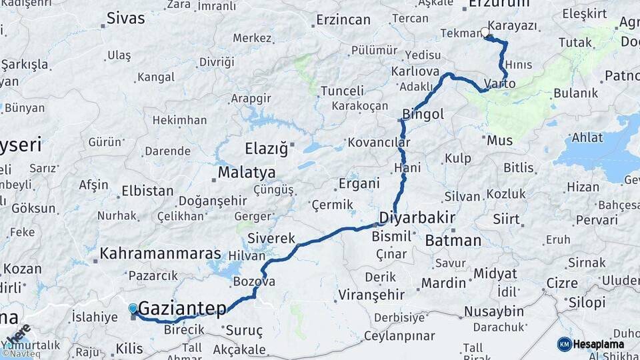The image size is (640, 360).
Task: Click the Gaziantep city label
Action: (182, 309)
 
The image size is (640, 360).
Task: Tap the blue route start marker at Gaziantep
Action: (133, 309)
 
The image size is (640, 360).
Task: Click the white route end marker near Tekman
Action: (485, 32)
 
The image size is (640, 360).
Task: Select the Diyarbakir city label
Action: (417, 218)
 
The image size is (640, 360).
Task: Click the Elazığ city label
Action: (266, 148)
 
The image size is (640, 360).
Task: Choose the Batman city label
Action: (453, 240)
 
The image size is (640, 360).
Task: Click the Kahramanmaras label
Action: (160, 254)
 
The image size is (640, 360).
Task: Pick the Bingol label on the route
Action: (423, 115)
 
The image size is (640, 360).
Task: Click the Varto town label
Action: (499, 84)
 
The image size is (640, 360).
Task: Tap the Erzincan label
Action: (343, 20)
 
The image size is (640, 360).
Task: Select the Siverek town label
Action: (271, 238)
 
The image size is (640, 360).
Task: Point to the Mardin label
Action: (443, 283)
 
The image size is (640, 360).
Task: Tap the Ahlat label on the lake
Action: (587, 138)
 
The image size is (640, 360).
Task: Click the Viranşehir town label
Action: (371, 294)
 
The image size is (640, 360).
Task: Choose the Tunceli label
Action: (342, 91)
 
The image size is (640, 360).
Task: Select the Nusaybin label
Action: (493, 311)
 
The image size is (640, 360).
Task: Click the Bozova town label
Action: (254, 282)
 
